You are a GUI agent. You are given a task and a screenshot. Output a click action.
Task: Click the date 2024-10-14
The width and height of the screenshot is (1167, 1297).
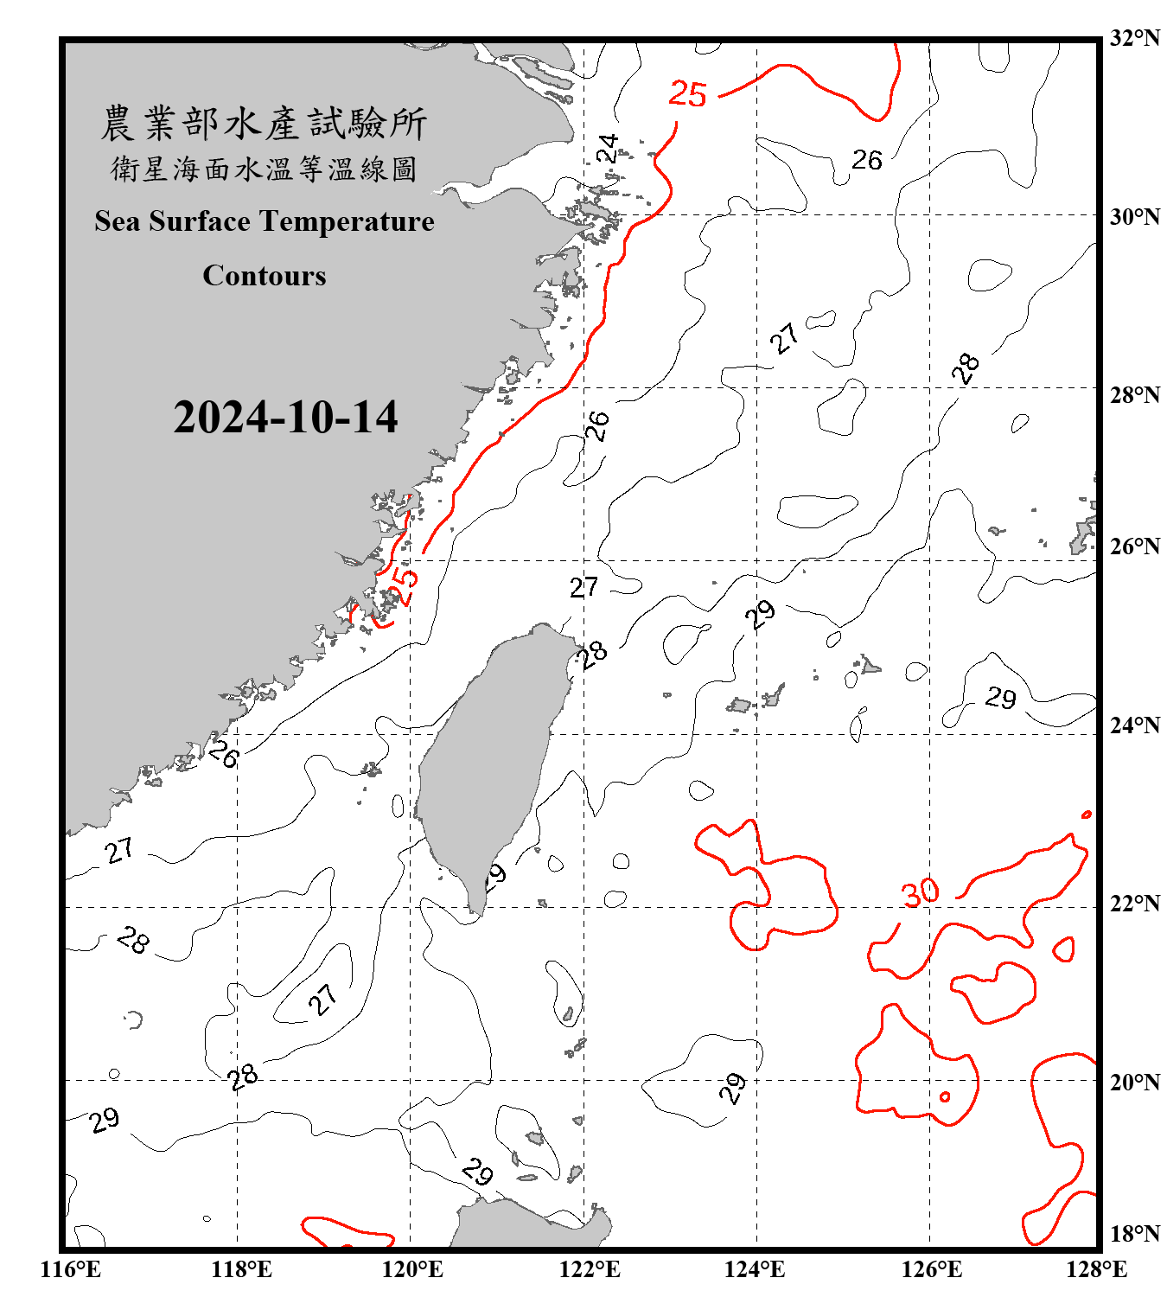click(285, 418)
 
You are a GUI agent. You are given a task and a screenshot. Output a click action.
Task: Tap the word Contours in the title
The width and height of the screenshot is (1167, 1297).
click(265, 276)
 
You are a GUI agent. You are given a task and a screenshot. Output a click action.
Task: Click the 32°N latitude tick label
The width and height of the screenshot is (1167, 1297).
click(1135, 38)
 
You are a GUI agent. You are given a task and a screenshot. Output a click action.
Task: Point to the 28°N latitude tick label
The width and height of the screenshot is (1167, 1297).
click(1135, 395)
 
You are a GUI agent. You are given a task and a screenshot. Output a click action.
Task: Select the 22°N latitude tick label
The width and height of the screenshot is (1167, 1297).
click(1135, 904)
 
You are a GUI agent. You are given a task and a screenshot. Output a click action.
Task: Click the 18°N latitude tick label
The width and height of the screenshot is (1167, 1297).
click(1135, 1234)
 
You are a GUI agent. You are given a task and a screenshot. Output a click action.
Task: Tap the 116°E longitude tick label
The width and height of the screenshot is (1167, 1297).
click(71, 1269)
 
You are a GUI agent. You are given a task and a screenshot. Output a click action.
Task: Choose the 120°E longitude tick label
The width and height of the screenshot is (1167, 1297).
click(413, 1269)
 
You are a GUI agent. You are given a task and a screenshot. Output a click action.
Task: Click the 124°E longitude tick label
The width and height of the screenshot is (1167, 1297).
click(755, 1269)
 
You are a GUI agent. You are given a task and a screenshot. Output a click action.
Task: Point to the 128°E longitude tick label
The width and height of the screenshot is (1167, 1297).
click(1096, 1269)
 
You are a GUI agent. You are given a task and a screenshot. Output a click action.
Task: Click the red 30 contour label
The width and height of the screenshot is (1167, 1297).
click(920, 892)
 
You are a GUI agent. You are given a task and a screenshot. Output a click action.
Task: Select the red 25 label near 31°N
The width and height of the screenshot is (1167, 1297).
click(688, 94)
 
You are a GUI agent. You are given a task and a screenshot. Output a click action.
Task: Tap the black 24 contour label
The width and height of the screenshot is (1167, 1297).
click(609, 149)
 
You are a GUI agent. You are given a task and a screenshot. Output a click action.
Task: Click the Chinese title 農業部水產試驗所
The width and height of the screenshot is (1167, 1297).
click(264, 124)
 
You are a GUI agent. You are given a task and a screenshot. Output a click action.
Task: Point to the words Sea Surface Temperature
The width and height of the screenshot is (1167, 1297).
click(265, 221)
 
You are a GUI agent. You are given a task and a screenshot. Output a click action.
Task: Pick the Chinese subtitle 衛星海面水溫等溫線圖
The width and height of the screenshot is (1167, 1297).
click(264, 169)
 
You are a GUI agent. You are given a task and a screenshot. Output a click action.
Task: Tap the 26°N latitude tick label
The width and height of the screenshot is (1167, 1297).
click(1135, 546)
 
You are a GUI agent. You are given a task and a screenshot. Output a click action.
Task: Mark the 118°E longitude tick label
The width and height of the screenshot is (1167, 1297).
click(241, 1269)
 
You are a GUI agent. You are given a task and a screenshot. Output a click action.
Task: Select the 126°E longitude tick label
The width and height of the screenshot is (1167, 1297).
click(931, 1269)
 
